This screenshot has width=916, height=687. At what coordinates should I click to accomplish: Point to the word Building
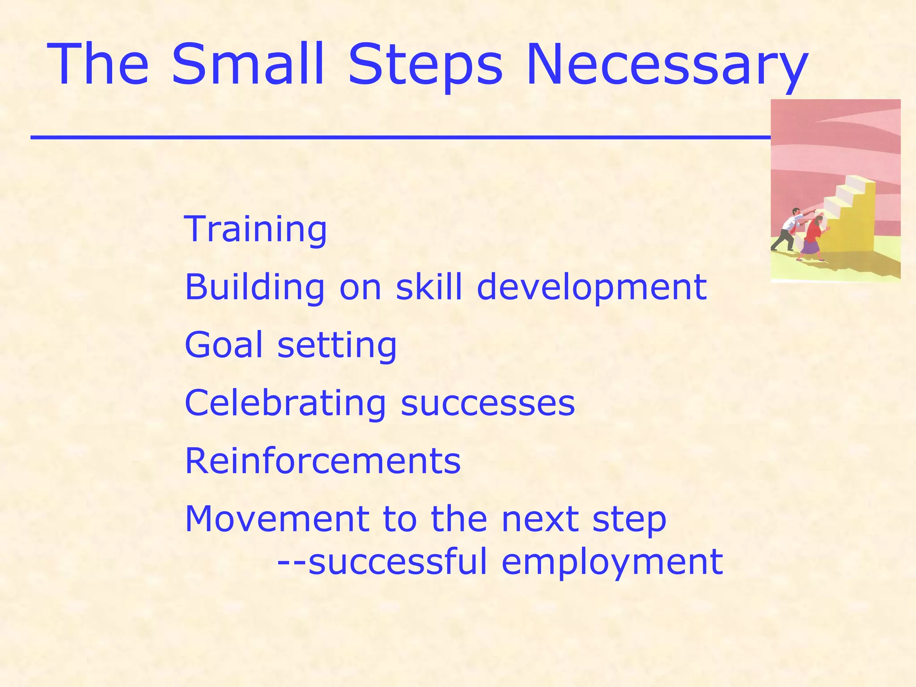pyautogui.click(x=254, y=287)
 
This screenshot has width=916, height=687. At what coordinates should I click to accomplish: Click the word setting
pyautogui.click(x=337, y=346)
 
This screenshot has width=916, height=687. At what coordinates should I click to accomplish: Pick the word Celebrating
pyautogui.click(x=285, y=403)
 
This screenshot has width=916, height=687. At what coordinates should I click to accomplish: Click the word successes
pyautogui.click(x=488, y=403)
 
